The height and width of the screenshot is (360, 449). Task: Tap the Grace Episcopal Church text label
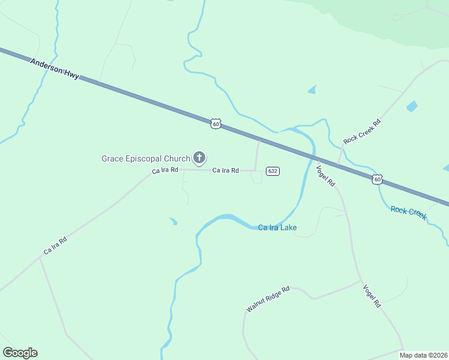pyautogui.click(x=145, y=158)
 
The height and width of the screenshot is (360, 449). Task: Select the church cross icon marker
pyautogui.click(x=199, y=158)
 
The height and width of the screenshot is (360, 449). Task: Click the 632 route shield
pyautogui.click(x=273, y=171)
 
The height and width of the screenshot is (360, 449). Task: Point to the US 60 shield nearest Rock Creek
pyautogui.click(x=376, y=179)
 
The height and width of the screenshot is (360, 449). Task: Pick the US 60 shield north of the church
pyautogui.click(x=216, y=124)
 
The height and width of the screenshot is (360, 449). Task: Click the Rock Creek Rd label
pyautogui.click(x=362, y=132)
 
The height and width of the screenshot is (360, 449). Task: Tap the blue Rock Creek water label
pyautogui.click(x=408, y=212)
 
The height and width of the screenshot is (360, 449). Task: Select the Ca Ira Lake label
pyautogui.click(x=277, y=228)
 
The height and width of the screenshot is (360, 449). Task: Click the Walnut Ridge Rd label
pyautogui.click(x=268, y=299)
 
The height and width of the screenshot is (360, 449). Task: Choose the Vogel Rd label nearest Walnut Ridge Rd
pyautogui.click(x=372, y=296)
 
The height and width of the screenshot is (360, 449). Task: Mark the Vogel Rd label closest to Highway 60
pyautogui.click(x=325, y=175)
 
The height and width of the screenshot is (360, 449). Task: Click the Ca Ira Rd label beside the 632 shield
pyautogui.click(x=226, y=171)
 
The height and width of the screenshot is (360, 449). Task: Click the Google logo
pyautogui.click(x=20, y=353)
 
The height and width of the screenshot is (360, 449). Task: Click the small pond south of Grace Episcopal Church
pyautogui.click(x=173, y=222)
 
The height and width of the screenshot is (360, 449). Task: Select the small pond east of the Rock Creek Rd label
pyautogui.click(x=412, y=107)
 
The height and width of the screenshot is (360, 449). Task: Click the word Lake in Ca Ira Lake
pyautogui.click(x=288, y=228)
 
